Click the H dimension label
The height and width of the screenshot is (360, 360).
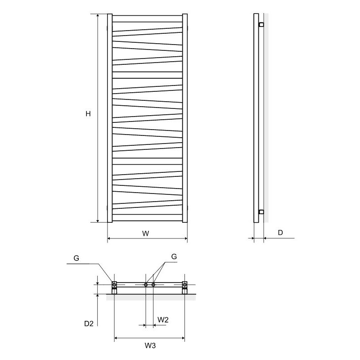(x=88, y=114)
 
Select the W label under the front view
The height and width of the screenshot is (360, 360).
(x=145, y=234)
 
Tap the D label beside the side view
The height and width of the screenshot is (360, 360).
(x=280, y=233)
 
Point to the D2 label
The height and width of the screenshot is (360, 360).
(x=89, y=324)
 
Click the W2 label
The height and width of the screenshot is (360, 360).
(x=163, y=319)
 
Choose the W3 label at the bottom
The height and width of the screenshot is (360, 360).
(x=150, y=346)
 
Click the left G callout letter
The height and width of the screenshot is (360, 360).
(x=76, y=258)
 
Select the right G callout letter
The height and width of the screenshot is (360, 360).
(x=174, y=256)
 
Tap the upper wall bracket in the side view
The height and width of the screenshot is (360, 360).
(x=261, y=24)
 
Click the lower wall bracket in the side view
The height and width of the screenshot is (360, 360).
(x=261, y=211)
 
